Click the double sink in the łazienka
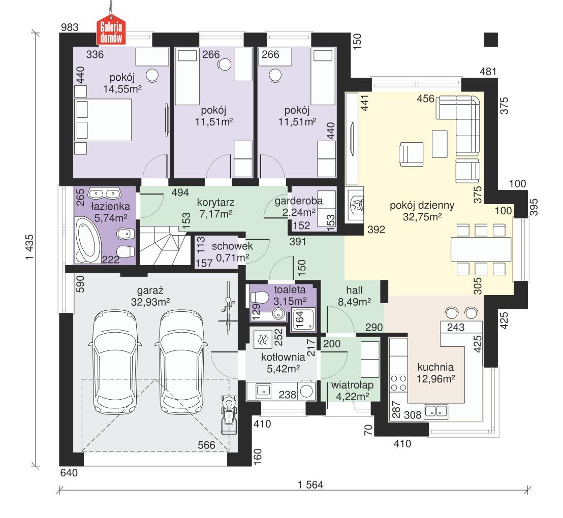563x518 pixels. [103, 193]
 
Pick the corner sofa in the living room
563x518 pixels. [462, 124]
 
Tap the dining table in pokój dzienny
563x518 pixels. [480, 250]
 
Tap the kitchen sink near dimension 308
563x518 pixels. [435, 411]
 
